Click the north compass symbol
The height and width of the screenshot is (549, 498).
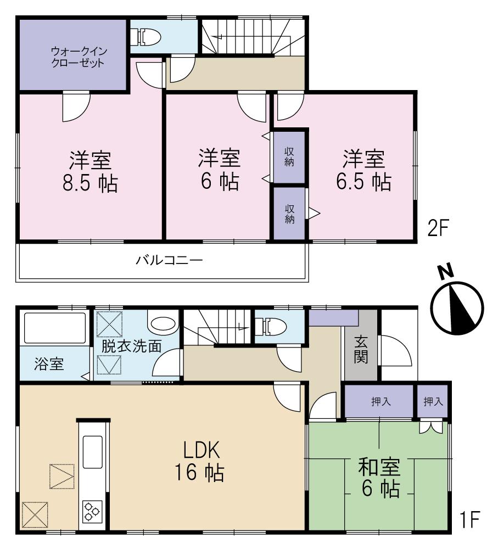[456, 305]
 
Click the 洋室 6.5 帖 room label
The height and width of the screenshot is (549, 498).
[363, 171]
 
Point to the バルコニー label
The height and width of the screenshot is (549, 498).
[170, 260]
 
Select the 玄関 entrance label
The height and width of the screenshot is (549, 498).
[360, 350]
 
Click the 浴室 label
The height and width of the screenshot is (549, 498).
[48, 365]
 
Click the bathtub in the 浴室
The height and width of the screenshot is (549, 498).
[54, 330]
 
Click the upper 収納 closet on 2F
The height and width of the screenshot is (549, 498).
[289, 156]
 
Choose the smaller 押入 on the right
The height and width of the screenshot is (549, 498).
[433, 401]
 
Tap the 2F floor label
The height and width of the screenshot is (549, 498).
[439, 228]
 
